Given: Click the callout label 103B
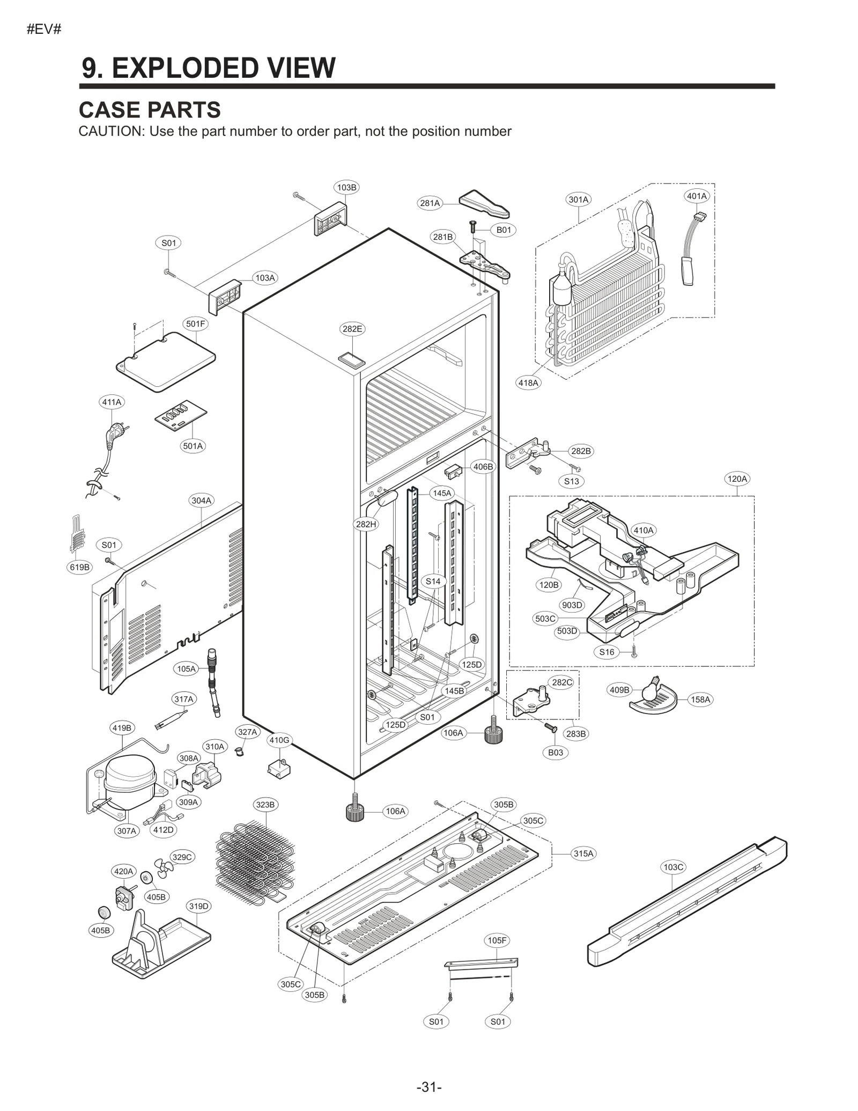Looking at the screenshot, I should tap(346, 187).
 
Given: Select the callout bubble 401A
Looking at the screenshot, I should tap(697, 196).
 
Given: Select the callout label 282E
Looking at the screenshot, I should tap(352, 329).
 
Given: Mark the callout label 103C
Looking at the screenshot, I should tap(674, 867).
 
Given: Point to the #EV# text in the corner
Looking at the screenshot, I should tap(44, 30).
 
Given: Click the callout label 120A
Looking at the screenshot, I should tap(737, 479).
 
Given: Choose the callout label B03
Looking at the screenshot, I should tap(556, 753).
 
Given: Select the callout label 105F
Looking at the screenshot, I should tap(497, 940).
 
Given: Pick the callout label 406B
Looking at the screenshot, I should tap(483, 467).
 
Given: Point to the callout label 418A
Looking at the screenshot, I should tap(528, 382).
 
